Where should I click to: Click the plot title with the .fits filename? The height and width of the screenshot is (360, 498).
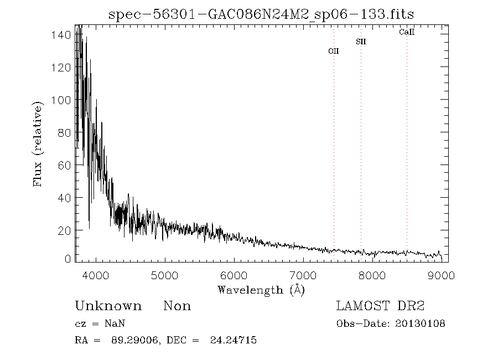[x=261, y=13]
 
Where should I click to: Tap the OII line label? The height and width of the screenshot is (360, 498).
[x=334, y=51]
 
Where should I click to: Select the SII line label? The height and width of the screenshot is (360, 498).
[x=361, y=42]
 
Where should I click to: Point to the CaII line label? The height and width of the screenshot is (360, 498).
[x=407, y=33]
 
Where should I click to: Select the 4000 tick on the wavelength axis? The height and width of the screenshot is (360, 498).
[x=96, y=275]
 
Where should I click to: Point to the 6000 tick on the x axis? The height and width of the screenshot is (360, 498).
[x=234, y=275]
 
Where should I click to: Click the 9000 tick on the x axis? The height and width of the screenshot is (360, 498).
[x=441, y=275]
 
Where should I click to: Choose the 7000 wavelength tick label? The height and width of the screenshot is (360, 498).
[x=303, y=275]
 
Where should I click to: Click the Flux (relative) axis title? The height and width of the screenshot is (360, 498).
[x=38, y=144]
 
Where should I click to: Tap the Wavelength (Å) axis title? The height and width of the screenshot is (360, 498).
[x=261, y=290]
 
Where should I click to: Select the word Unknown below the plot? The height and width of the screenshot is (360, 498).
[x=108, y=306]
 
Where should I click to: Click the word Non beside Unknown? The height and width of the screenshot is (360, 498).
[x=177, y=306]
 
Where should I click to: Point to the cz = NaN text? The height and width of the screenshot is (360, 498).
[x=103, y=323]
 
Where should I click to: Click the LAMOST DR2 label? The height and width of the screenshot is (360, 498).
[x=380, y=306]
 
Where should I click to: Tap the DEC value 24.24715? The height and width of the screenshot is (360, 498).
[x=234, y=340]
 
